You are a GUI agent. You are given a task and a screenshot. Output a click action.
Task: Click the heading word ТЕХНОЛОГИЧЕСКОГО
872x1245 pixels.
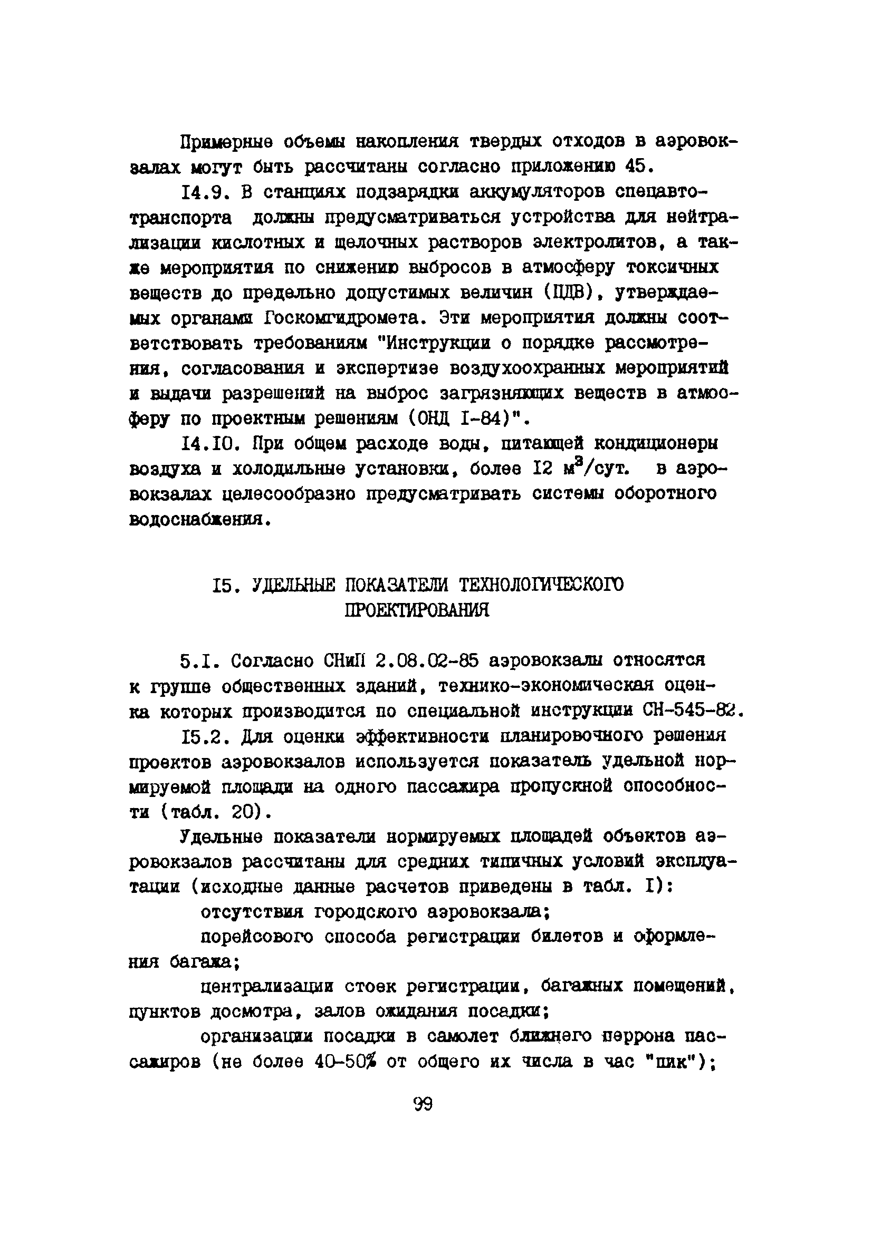541,585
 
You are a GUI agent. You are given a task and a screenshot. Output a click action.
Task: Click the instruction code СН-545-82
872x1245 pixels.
691,711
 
